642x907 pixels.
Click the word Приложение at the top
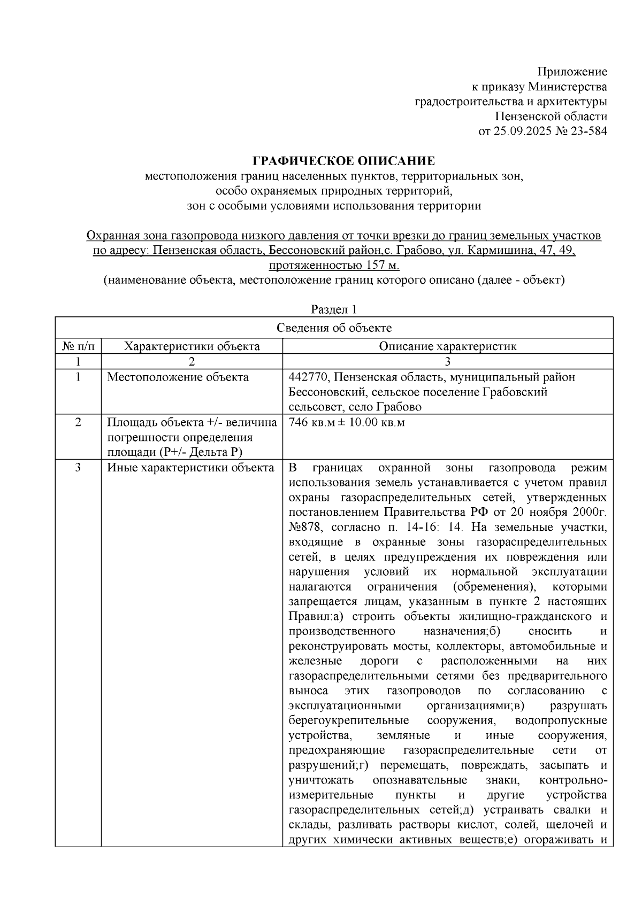tap(572, 72)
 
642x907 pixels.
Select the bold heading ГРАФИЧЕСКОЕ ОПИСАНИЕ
tap(343, 161)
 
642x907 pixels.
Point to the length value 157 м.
tap(382, 265)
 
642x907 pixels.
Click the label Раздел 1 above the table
tap(334, 309)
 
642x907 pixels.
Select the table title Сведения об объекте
tap(334, 328)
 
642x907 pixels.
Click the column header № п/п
tap(78, 346)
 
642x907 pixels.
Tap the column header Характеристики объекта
tap(192, 346)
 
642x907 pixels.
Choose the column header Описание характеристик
tap(447, 346)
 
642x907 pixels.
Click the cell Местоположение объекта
tap(178, 377)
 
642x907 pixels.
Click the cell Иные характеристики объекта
tap(190, 468)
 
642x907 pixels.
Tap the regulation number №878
tap(305, 528)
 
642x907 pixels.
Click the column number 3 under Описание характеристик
tap(447, 362)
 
